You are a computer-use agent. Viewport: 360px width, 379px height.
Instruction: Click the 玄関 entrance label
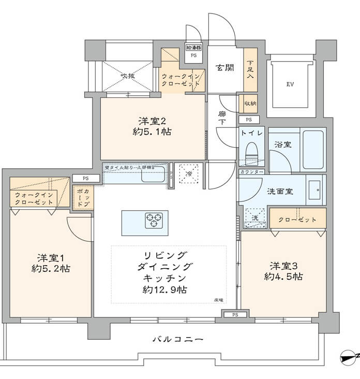225,68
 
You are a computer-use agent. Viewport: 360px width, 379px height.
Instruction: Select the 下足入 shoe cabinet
250,69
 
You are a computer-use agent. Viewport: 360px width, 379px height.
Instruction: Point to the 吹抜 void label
128,76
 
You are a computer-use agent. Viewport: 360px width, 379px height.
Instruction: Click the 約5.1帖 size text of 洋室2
152,133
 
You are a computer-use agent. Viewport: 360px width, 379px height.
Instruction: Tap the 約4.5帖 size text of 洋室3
283,277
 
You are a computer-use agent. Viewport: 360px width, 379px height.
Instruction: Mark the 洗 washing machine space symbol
254,218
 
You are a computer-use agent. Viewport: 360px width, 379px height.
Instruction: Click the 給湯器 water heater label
194,47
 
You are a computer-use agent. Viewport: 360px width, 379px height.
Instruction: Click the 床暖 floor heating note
219,300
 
